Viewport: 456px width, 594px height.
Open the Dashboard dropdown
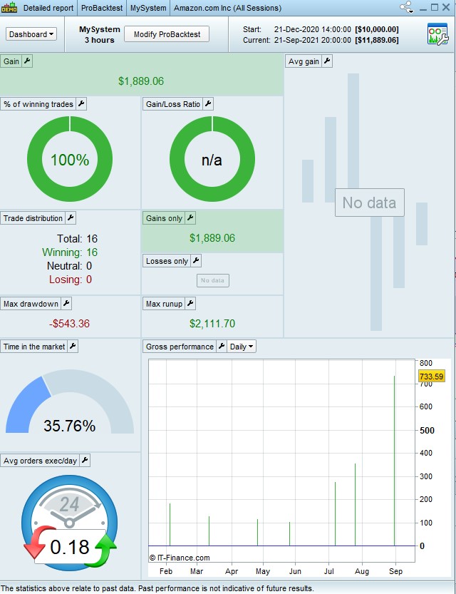[31, 34]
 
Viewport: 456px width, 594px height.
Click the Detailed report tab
[48, 9]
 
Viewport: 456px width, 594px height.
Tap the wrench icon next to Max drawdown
[66, 304]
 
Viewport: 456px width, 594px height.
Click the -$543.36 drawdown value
[70, 324]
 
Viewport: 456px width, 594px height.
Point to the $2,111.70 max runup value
[212, 324]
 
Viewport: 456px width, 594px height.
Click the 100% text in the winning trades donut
[70, 160]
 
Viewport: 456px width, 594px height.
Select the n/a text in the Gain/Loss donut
[212, 160]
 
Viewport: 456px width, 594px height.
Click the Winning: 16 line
[70, 252]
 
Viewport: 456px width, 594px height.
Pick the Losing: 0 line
[70, 280]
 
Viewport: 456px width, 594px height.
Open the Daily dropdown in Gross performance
[242, 347]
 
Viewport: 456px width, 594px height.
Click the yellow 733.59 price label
[431, 377]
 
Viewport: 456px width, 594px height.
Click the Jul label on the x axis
[330, 571]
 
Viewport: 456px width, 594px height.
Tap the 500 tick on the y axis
[427, 430]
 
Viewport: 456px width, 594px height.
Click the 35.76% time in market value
[69, 426]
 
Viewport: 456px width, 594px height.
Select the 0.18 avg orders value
[69, 548]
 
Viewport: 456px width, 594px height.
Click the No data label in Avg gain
[369, 203]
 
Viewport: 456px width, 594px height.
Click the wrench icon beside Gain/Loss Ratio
[208, 104]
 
